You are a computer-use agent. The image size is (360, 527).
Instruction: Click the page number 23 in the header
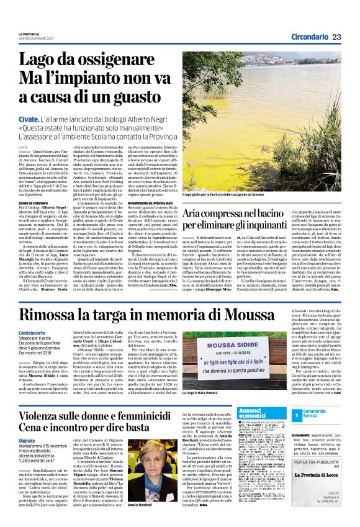pyautogui.click(x=337, y=37)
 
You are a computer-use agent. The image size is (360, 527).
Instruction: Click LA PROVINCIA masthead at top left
pyautogui.click(x=29, y=34)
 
